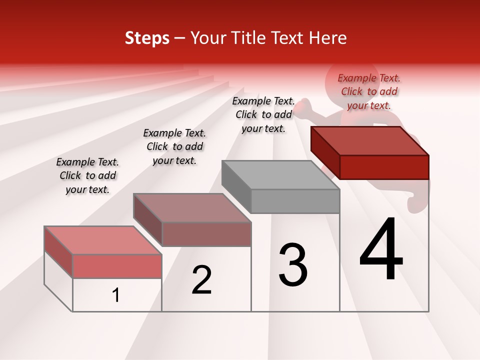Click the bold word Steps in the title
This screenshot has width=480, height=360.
[x=147, y=38]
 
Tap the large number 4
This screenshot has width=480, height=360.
[x=381, y=249]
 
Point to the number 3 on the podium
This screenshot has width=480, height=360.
[x=293, y=264]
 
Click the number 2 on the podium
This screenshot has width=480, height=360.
[x=202, y=280]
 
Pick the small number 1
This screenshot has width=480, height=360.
[x=116, y=295]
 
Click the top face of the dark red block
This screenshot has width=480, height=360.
[x=369, y=140]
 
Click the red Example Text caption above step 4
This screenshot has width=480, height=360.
[x=369, y=91]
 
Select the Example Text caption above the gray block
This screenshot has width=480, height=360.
[x=263, y=114]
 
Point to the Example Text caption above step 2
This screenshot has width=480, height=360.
[x=174, y=146]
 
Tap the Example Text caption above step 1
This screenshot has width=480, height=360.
[x=87, y=175]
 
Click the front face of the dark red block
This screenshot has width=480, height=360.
[x=384, y=167]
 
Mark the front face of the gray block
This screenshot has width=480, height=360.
[x=295, y=201]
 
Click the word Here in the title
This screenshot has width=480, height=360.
[x=329, y=38]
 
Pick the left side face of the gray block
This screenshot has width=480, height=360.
[x=236, y=184]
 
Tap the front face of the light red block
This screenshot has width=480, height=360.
[x=117, y=266]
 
